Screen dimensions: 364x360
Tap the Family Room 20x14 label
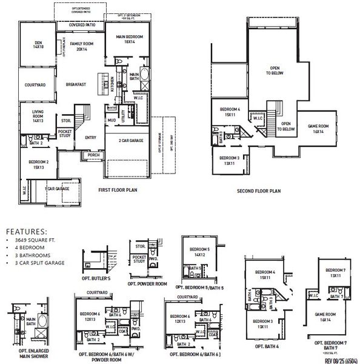pyautogui.click(x=81, y=47)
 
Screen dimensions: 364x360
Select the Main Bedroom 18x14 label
pyautogui.click(x=129, y=39)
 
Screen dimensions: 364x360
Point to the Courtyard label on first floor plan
pyautogui.click(x=35, y=86)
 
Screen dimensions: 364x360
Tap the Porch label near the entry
pyautogui.click(x=93, y=154)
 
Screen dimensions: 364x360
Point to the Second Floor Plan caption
pyautogui.click(x=259, y=190)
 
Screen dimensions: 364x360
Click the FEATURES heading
pyautogui.click(x=26, y=231)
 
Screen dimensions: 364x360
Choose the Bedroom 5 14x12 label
pyautogui.click(x=199, y=253)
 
